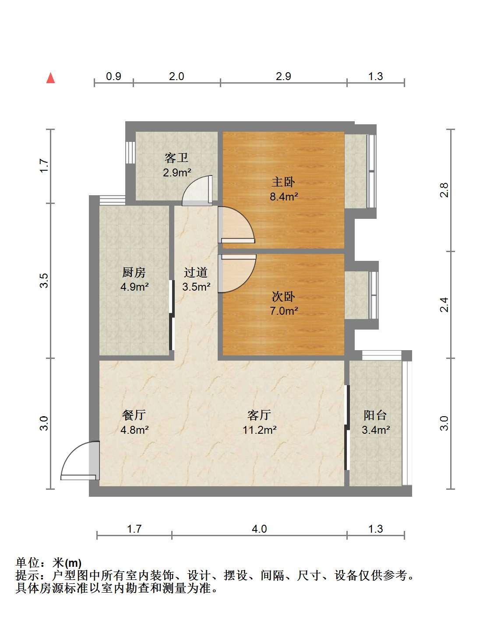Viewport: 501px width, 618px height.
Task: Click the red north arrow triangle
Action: (50, 78)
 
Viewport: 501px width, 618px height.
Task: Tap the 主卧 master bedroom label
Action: (283, 182)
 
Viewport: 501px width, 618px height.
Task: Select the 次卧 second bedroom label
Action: (283, 296)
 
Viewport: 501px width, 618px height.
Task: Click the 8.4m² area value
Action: (284, 197)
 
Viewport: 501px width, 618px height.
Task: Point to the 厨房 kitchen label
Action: (134, 272)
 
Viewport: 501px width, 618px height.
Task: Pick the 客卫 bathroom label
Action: (176, 158)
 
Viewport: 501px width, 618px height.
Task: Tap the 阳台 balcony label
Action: (375, 415)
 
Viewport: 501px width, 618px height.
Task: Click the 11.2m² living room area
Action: (260, 430)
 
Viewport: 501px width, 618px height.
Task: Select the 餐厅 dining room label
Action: (134, 415)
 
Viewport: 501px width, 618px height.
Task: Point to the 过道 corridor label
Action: (196, 272)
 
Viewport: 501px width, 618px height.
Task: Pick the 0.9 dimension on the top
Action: (113, 76)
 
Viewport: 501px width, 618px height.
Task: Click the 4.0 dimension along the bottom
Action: (259, 529)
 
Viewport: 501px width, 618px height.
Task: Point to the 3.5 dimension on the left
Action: (44, 281)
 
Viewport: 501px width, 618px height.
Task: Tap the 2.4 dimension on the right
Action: (444, 305)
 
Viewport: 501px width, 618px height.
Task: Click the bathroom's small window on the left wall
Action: (131, 152)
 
